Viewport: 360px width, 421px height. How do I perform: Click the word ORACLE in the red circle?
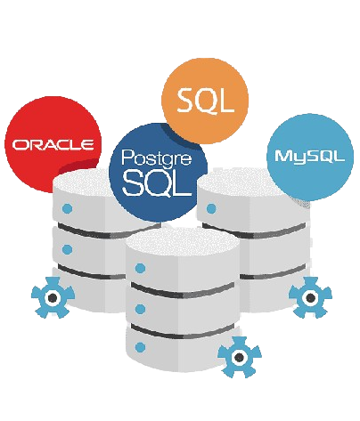click(x=53, y=144)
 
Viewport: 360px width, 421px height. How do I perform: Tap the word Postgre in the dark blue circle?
click(x=157, y=158)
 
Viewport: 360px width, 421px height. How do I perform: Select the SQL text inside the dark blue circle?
click(x=157, y=184)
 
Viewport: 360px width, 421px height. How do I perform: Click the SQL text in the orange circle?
click(x=205, y=101)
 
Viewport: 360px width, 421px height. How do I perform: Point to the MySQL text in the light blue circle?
click(x=310, y=157)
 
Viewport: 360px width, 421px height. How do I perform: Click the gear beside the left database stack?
click(x=53, y=297)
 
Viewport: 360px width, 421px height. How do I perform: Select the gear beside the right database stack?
click(x=310, y=297)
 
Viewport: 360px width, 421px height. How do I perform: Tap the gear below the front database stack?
click(x=240, y=357)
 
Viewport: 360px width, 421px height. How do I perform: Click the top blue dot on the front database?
click(x=140, y=269)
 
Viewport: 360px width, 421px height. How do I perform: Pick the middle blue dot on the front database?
click(x=140, y=309)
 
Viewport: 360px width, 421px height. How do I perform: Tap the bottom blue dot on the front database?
click(x=140, y=347)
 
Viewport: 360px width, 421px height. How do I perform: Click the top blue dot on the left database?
click(x=68, y=208)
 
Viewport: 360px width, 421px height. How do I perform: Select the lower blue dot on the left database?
click(x=68, y=249)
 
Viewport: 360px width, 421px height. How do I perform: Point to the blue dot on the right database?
click(x=211, y=208)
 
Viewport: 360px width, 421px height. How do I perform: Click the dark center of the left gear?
click(x=53, y=297)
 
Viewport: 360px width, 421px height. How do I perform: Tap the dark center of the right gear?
click(x=310, y=297)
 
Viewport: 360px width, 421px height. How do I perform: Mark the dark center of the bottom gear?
click(x=240, y=358)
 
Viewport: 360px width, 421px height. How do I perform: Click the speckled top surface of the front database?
click(x=183, y=243)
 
